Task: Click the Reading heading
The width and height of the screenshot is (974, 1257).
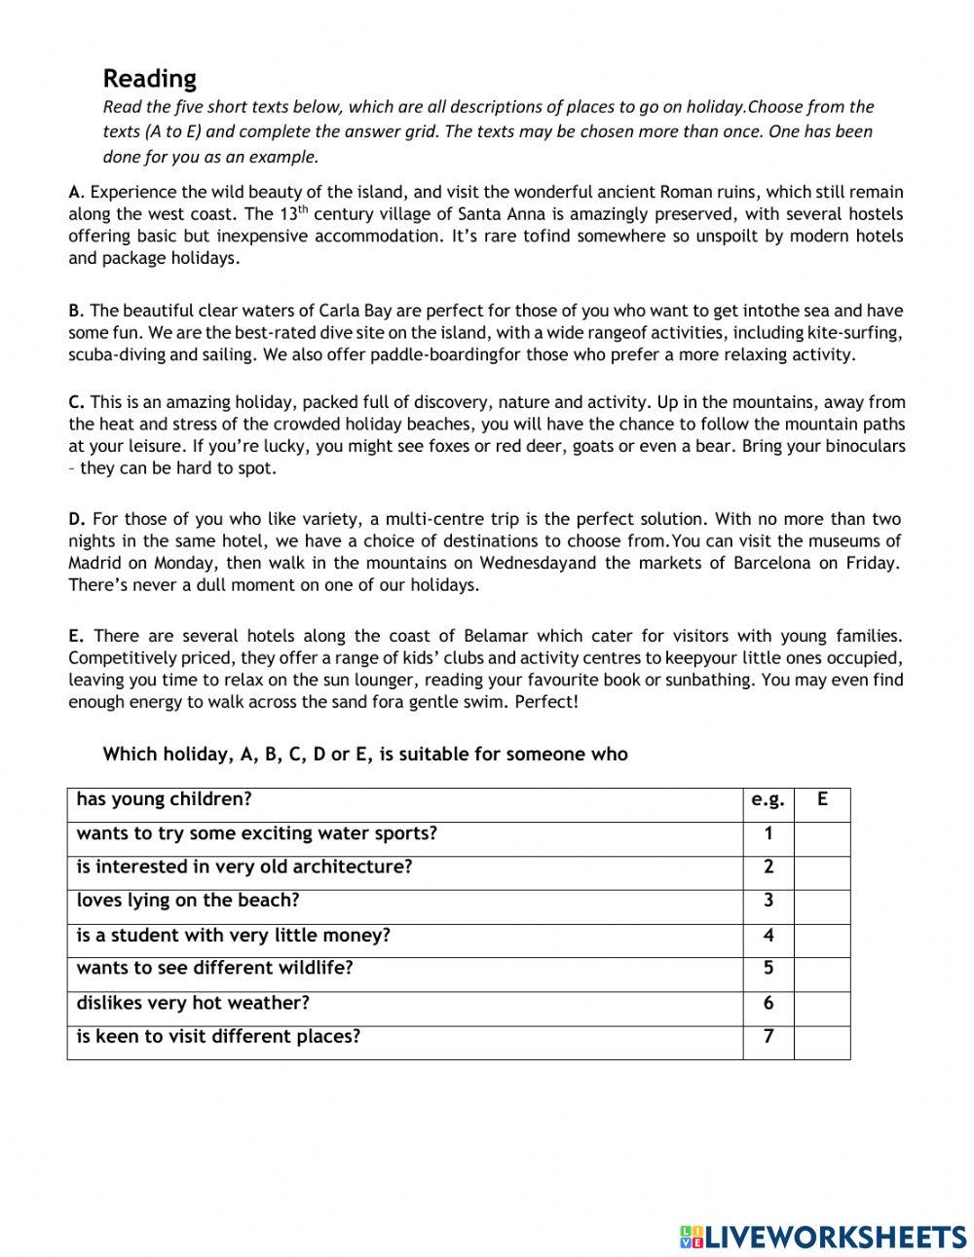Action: coord(149,78)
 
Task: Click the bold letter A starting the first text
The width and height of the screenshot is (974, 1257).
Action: coord(74,193)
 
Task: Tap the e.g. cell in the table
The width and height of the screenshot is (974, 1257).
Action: coord(768,800)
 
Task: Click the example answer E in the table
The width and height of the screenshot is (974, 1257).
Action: coord(822,800)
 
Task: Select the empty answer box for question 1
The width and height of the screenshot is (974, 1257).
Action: coord(822,834)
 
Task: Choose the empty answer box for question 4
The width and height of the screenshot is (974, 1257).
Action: coord(822,936)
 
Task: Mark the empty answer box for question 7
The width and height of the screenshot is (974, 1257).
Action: coord(822,1038)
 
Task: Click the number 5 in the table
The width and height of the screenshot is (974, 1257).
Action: coord(768,969)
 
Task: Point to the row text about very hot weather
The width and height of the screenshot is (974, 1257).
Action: coord(193,1003)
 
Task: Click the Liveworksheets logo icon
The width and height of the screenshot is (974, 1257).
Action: coord(691,1237)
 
